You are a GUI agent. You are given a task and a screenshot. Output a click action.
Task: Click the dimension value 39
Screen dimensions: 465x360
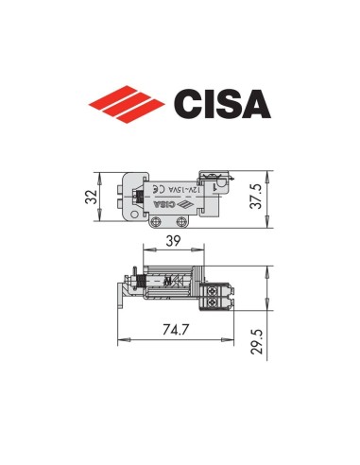173,243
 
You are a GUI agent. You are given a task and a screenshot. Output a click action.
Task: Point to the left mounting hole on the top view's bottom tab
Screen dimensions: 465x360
158,221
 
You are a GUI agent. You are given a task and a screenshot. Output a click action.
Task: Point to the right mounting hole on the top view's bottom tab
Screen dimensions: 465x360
182,221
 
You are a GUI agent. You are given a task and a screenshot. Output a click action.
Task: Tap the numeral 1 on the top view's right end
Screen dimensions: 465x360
215,190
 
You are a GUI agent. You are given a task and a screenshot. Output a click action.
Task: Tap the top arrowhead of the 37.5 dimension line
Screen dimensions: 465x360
271,172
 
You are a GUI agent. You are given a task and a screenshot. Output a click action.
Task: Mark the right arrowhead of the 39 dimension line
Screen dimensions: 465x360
202,252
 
